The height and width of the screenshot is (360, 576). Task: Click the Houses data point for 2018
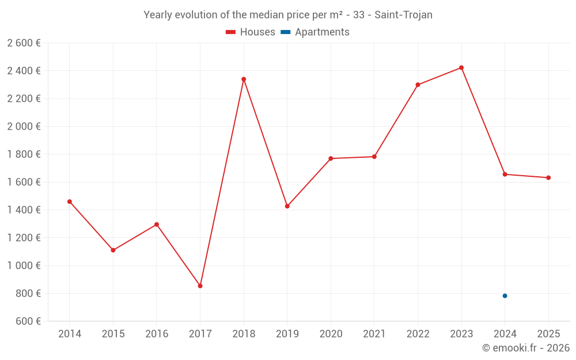(244, 79)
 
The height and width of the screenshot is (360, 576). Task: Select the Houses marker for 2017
(200, 286)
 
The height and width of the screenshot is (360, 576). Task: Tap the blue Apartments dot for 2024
(505, 295)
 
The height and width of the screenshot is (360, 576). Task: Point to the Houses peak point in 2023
(461, 67)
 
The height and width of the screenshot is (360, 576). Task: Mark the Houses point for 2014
(70, 202)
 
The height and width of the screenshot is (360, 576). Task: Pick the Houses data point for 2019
(287, 206)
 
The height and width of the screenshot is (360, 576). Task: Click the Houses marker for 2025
(548, 177)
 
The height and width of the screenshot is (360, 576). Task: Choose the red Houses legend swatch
(231, 32)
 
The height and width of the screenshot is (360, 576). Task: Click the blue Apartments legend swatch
(286, 32)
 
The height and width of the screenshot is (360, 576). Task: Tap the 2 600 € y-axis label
(24, 43)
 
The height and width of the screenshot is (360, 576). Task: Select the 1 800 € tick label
(24, 154)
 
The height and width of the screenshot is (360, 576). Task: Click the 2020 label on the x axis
(331, 334)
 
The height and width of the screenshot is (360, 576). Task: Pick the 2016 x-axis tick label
(157, 334)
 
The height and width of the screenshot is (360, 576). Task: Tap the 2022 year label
(418, 334)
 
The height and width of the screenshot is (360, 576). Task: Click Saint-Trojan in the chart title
(403, 15)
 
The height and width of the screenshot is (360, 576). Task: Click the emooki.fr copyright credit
(526, 348)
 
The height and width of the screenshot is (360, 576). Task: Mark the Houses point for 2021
(374, 157)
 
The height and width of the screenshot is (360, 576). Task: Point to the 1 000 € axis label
(24, 266)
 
